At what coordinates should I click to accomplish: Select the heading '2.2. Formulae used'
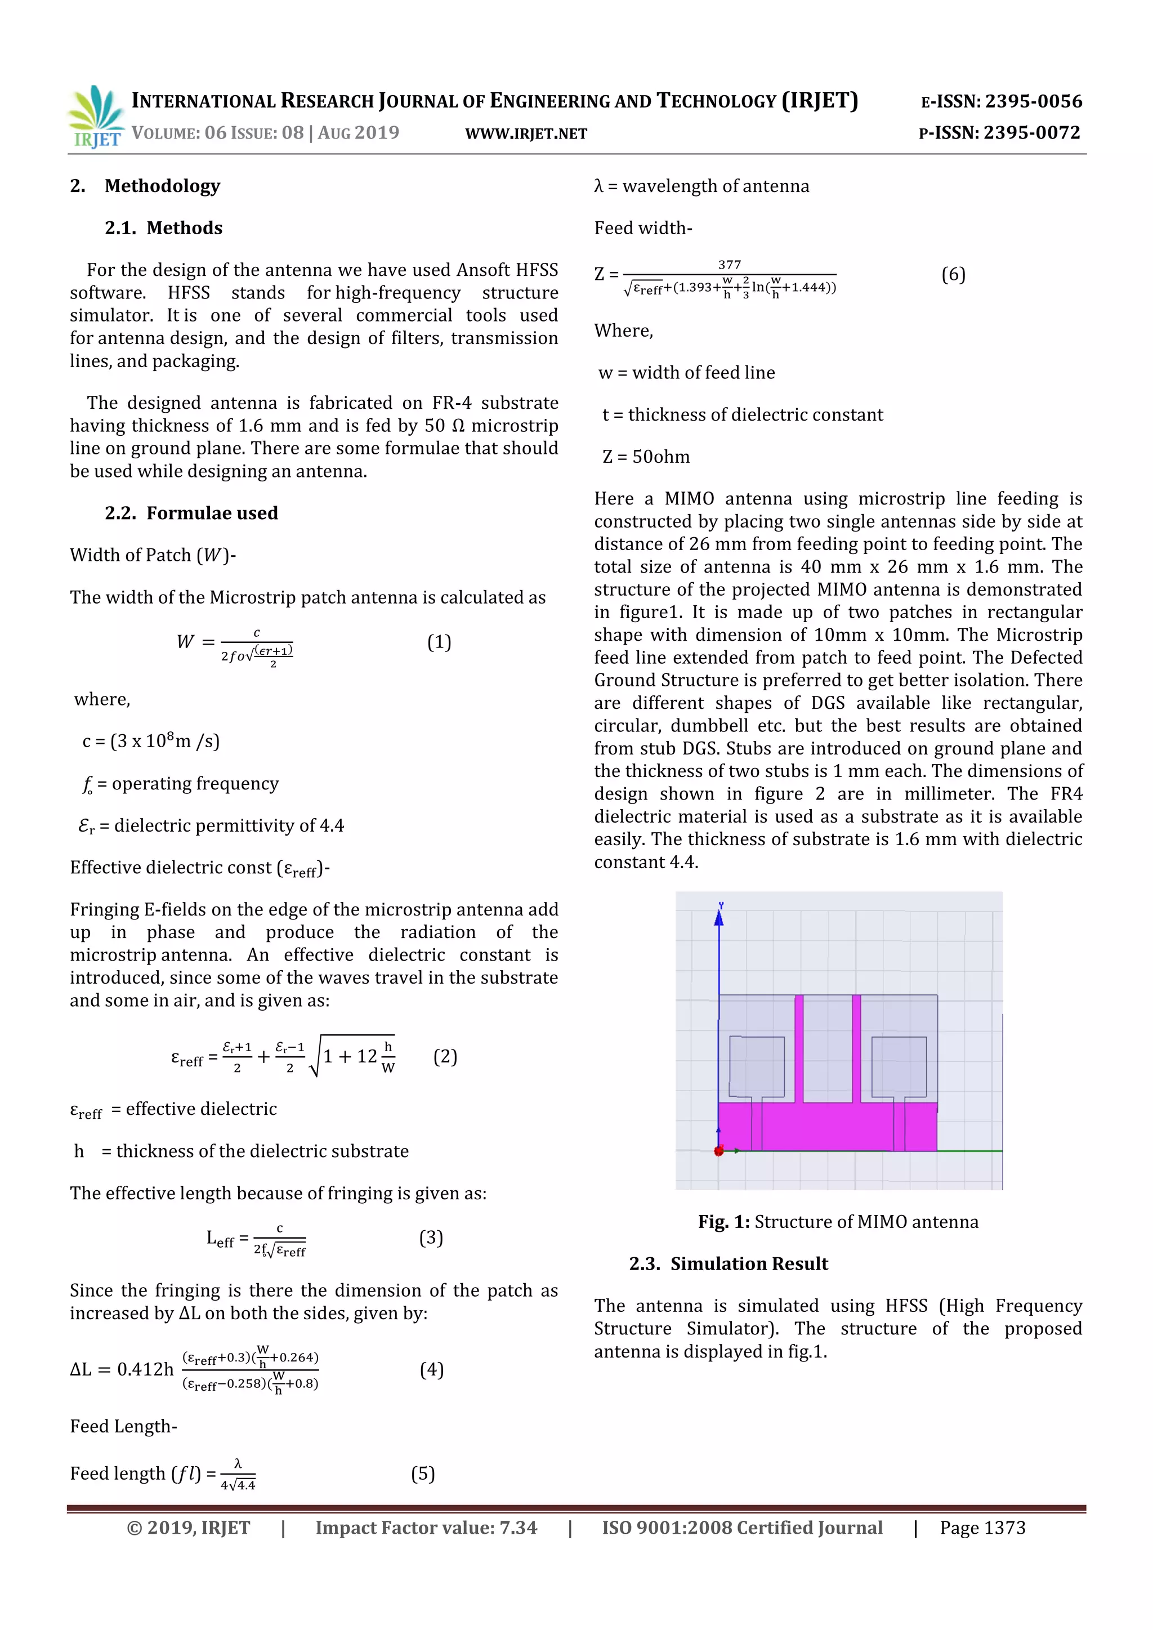click(191, 513)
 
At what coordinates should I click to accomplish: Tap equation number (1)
click(439, 642)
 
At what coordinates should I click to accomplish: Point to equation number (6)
click(953, 275)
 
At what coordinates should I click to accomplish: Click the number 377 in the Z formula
click(729, 265)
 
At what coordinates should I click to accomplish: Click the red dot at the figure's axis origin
click(718, 1151)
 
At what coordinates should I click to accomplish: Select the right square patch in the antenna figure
click(899, 1066)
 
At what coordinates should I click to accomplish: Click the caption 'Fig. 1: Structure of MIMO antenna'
click(838, 1222)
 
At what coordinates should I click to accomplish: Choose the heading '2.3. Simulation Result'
click(729, 1263)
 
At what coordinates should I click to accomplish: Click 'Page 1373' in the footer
click(982, 1528)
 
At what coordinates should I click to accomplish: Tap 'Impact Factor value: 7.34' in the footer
click(426, 1528)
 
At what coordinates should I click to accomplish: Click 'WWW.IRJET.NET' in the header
click(526, 134)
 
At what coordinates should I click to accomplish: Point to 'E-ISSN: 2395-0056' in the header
click(1001, 101)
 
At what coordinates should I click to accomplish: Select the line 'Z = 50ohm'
click(646, 457)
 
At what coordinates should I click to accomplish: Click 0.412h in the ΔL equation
click(145, 1369)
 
